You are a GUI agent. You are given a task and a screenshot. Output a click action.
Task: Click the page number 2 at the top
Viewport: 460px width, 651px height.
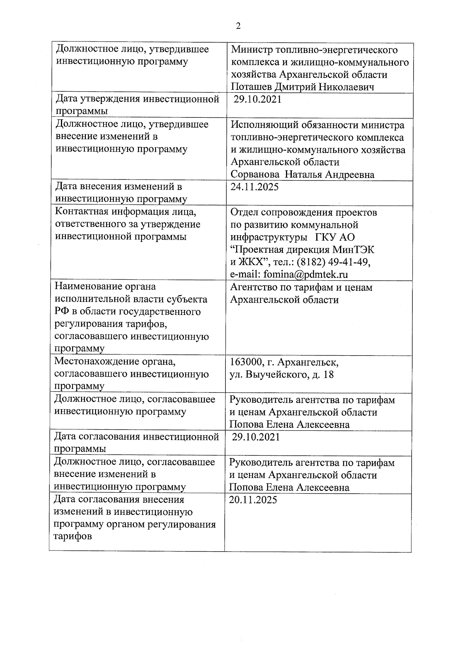pos(238,26)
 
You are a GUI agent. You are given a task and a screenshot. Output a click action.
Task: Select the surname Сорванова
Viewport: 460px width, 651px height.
pos(255,175)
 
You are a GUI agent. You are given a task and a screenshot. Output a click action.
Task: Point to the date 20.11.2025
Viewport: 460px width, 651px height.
pos(253,500)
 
